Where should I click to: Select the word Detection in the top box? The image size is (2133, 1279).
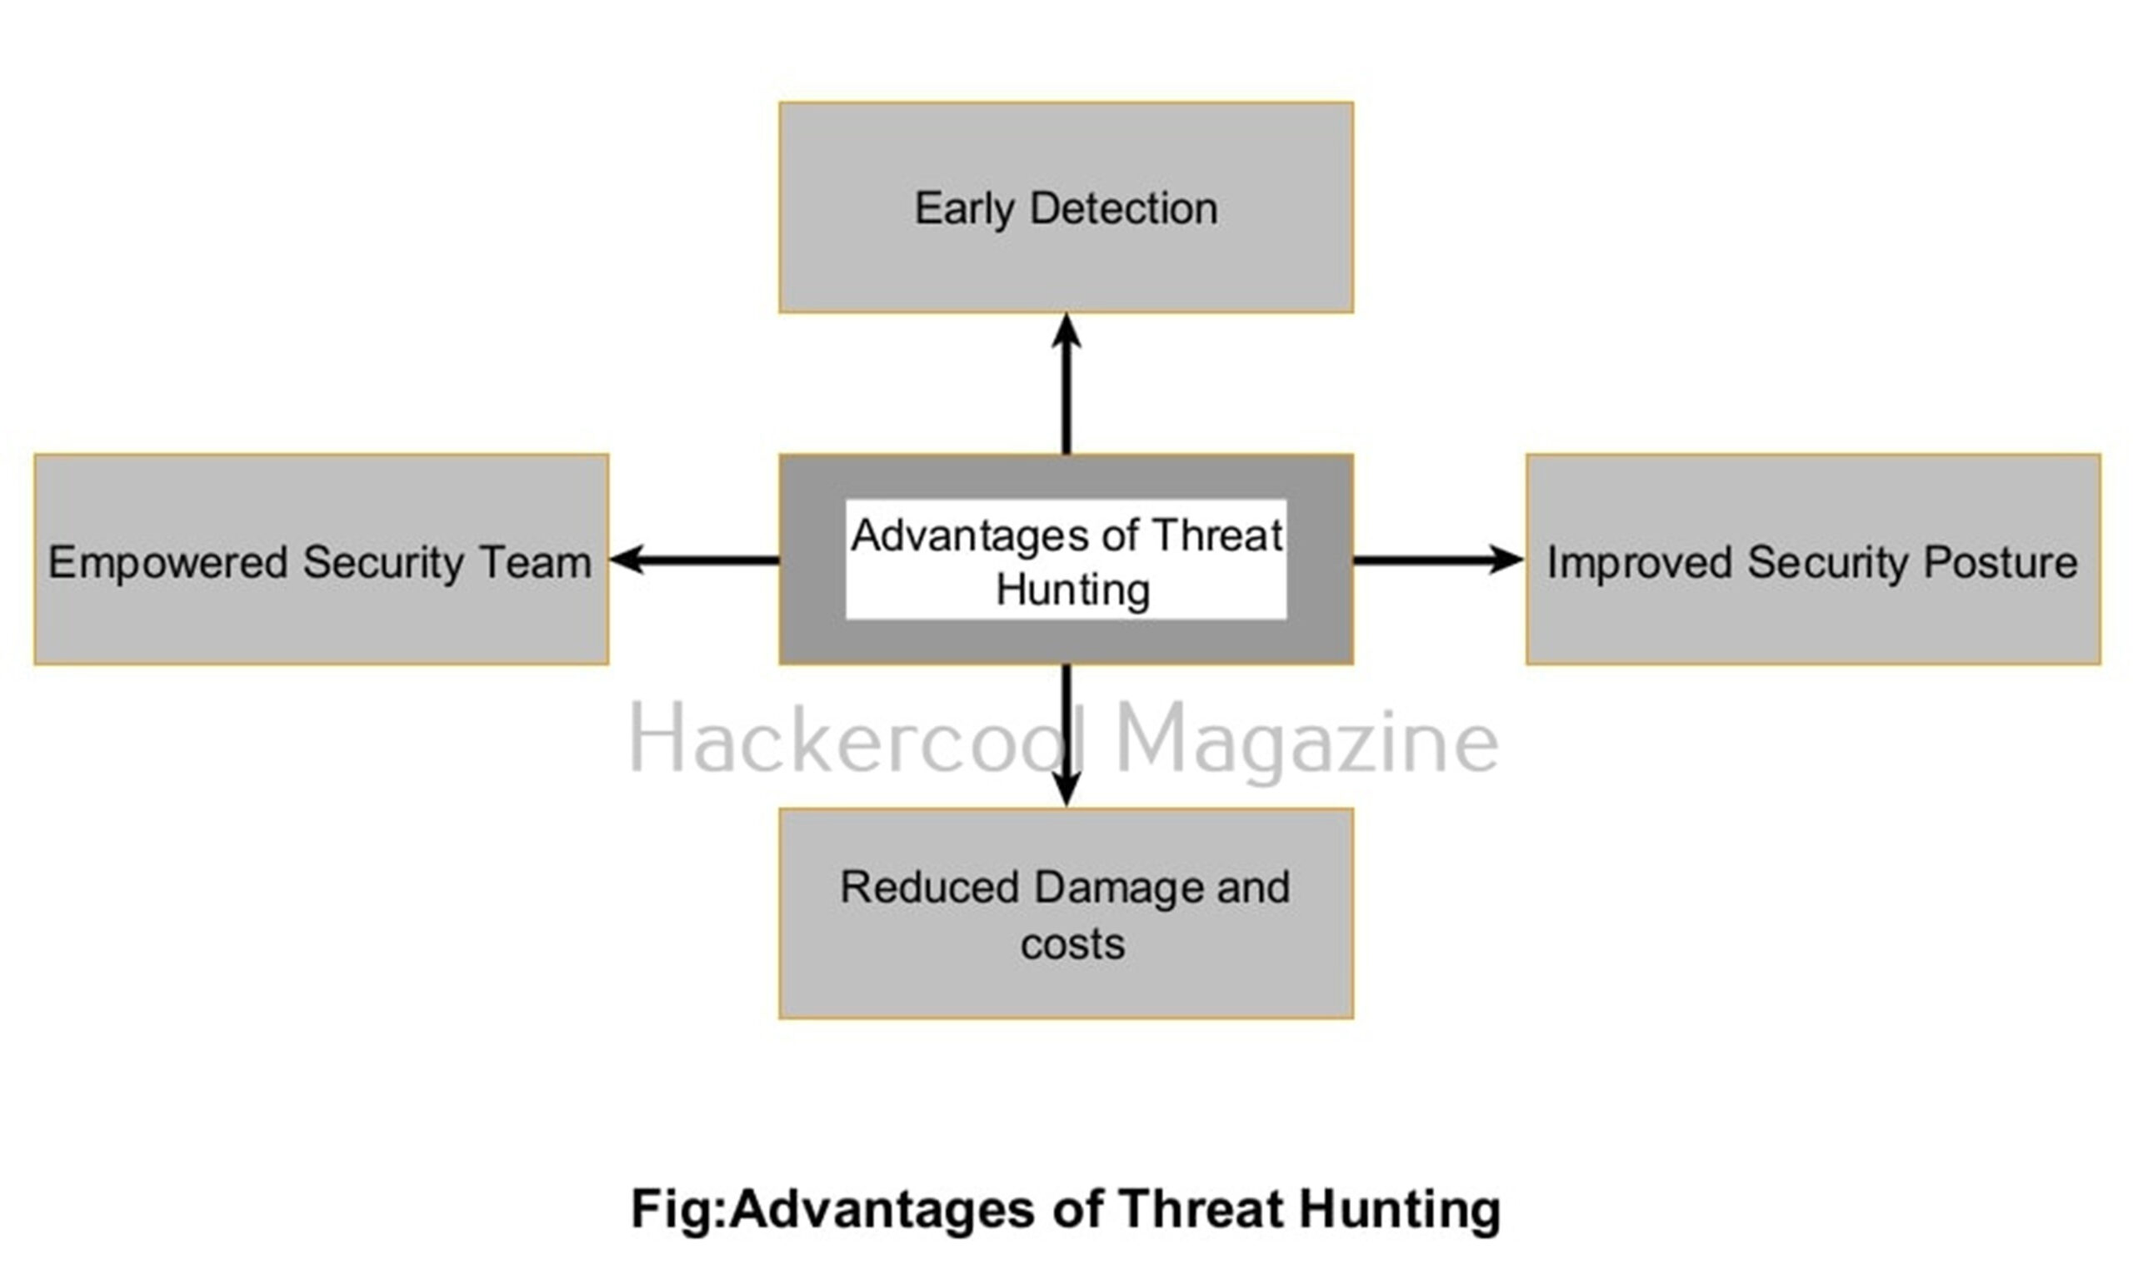[1124, 208]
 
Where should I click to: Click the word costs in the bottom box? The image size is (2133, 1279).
[1072, 944]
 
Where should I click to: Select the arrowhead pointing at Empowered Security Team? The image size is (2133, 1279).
[626, 560]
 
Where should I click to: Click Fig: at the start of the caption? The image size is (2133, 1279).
[678, 1209]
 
